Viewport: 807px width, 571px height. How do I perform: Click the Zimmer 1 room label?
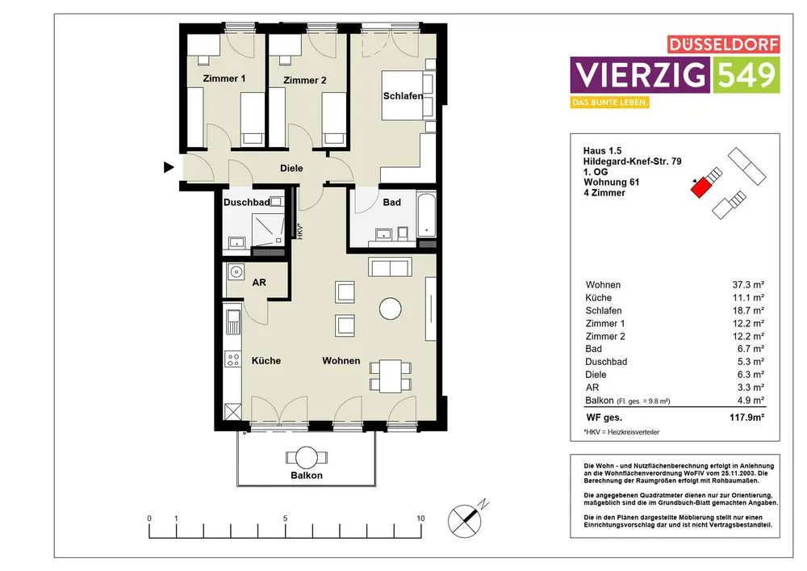pos(224,79)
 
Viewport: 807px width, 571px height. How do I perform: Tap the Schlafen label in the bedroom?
pos(403,96)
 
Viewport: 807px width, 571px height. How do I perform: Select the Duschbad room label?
pos(246,203)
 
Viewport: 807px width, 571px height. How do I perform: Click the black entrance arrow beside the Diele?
pos(169,167)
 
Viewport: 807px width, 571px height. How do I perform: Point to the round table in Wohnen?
pos(390,309)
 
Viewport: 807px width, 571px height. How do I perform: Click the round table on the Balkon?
pos(306,458)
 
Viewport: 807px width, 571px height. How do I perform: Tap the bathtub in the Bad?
pos(426,215)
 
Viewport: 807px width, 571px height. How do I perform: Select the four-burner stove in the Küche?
pos(233,359)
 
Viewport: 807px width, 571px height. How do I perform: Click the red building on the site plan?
pos(700,188)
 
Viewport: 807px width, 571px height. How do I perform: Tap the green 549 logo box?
pos(746,74)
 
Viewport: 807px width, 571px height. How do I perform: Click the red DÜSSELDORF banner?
pos(724,44)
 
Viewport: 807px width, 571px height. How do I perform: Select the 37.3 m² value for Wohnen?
pos(748,285)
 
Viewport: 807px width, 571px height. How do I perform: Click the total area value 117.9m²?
pos(746,418)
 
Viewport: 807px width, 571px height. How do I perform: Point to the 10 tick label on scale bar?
pos(420,519)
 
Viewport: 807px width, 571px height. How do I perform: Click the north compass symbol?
pos(466,520)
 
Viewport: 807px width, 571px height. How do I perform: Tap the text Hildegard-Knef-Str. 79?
pos(632,162)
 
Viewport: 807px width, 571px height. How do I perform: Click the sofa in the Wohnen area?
pos(390,268)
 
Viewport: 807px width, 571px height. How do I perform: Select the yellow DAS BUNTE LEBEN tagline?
pos(609,103)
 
